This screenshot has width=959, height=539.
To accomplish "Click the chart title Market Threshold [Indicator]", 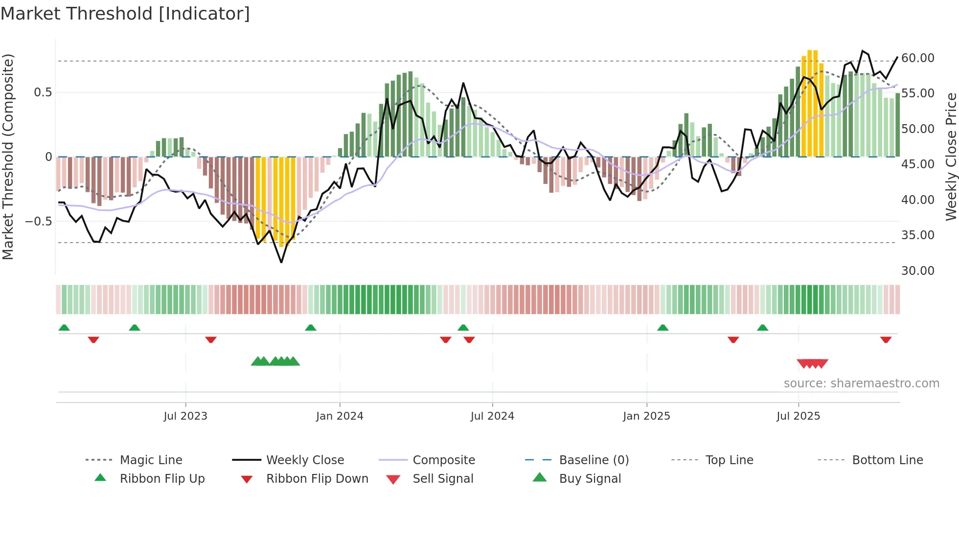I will pyautogui.click(x=125, y=14).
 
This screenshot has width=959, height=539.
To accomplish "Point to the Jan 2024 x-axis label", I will pyautogui.click(x=340, y=416).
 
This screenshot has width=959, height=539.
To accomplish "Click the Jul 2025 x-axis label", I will pyautogui.click(x=798, y=416).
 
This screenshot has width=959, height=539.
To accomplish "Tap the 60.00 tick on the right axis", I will pyautogui.click(x=917, y=58).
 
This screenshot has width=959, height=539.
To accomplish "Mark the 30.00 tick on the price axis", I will pyautogui.click(x=917, y=271).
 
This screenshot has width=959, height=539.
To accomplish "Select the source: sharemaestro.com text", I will pyautogui.click(x=861, y=383).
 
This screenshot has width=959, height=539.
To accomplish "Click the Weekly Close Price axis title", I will pyautogui.click(x=951, y=157).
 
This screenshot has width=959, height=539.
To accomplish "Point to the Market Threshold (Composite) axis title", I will pyautogui.click(x=8, y=157).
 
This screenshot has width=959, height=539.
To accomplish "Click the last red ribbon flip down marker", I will pyautogui.click(x=886, y=339).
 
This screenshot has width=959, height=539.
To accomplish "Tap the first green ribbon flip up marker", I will pyautogui.click(x=64, y=328).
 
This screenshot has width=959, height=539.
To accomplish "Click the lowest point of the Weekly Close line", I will pyautogui.click(x=281, y=263).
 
